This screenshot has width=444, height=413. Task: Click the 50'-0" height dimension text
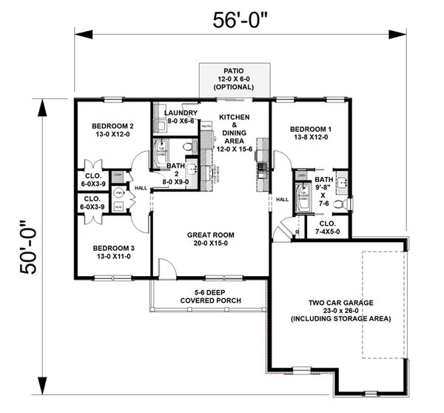pyautogui.click(x=27, y=247)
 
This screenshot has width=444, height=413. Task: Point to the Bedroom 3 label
pyautogui.click(x=112, y=253)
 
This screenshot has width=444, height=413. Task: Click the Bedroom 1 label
pyautogui.click(x=309, y=134)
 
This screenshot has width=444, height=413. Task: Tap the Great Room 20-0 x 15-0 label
pyautogui.click(x=210, y=238)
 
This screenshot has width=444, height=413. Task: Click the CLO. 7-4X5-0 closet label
pyautogui.click(x=328, y=227)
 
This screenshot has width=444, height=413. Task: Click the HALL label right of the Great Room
pyautogui.click(x=282, y=199)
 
